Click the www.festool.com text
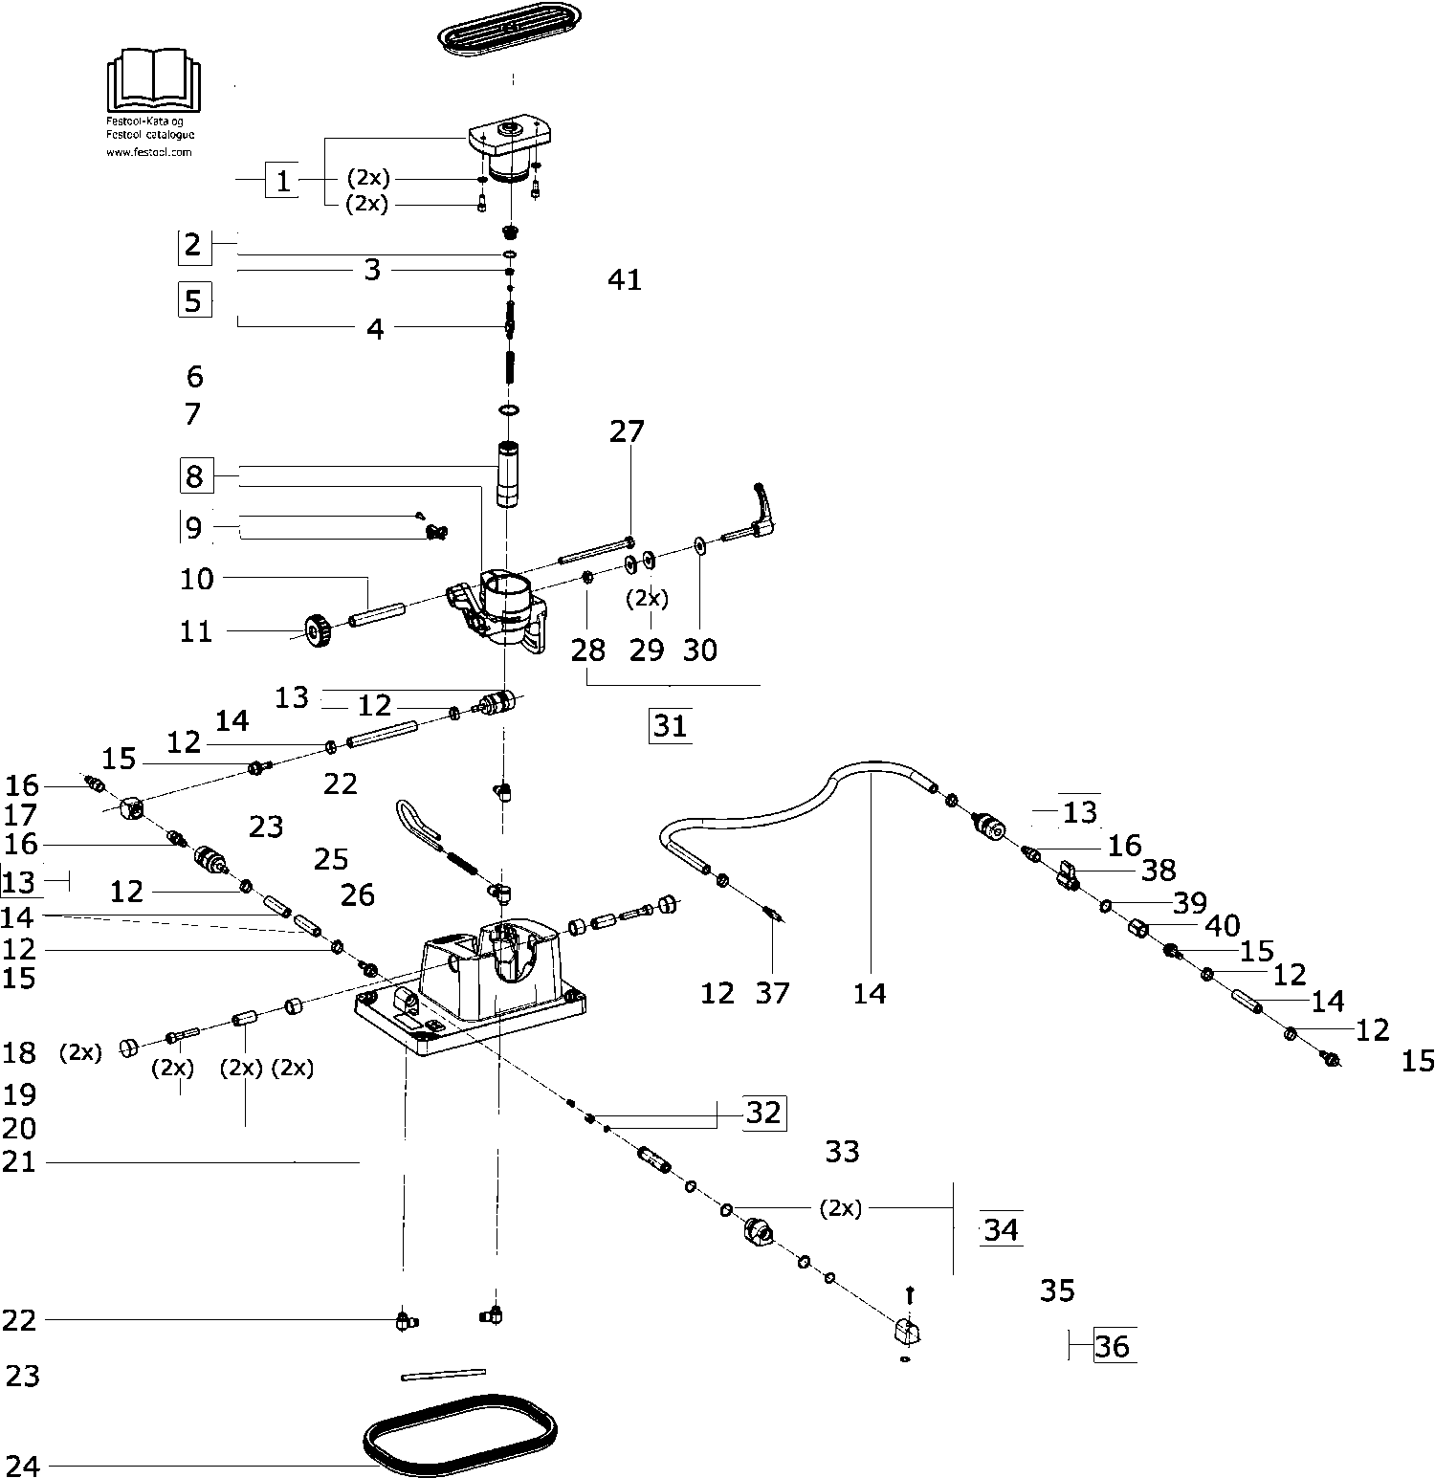pos(149,151)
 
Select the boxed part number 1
pos(282,181)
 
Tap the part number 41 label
pos(625,280)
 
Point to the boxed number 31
pos(670,726)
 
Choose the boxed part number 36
pos(1114,1347)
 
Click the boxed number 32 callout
pos(763,1113)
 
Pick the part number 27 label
pos(628,432)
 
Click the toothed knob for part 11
pos(318,631)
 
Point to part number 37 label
pos(773,993)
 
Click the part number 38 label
pos(1159,871)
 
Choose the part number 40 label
pos(1223,926)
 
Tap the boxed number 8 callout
pos(194,475)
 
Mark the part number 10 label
pos(197,579)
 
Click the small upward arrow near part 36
pos(909,1294)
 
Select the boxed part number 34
pos(1001,1229)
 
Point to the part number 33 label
pos(842,1152)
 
